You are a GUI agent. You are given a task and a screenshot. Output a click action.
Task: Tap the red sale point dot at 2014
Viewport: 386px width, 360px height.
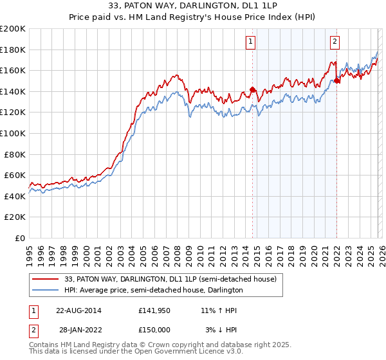point(252,90)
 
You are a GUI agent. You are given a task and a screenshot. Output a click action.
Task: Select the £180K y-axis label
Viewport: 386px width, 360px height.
point(13,50)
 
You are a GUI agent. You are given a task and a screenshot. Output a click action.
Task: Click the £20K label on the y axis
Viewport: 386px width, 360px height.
point(15,217)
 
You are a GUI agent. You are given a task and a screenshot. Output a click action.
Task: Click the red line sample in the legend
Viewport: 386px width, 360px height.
point(46,279)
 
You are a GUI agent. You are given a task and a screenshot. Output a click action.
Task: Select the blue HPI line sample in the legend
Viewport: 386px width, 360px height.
point(46,290)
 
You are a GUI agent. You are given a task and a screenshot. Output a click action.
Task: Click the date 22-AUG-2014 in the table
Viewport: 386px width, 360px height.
point(78,310)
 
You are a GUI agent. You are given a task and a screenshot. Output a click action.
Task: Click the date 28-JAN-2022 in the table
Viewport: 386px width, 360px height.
point(78,329)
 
